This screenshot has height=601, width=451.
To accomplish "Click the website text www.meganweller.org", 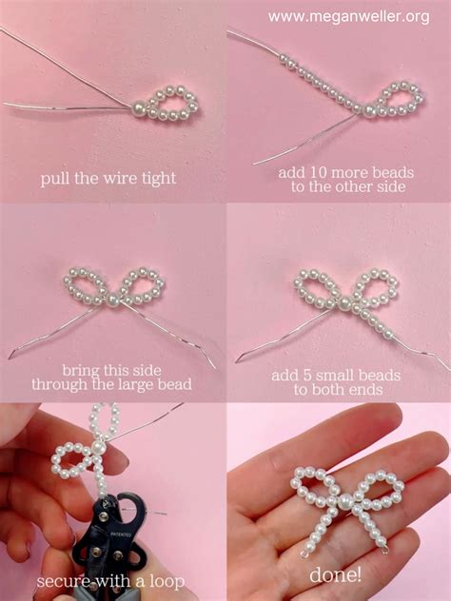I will pyautogui.click(x=348, y=16).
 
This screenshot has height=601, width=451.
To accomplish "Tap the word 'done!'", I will pyautogui.click(x=337, y=574).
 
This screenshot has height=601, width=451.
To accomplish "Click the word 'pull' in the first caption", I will pyautogui.click(x=55, y=178).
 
